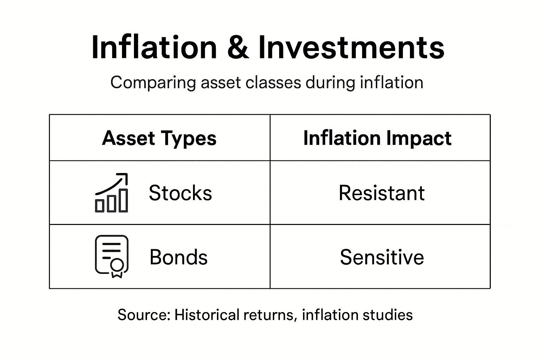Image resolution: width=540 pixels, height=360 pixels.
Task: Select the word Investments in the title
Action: tap(351, 47)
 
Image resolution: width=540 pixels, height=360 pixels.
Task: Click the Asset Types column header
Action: tap(159, 138)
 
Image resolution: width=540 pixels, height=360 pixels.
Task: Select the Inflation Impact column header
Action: tap(377, 138)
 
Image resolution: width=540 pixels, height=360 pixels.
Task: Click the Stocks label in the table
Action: tap(180, 193)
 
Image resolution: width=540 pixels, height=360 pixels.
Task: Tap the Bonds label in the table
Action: tap(179, 257)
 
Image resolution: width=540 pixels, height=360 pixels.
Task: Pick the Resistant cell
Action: tap(381, 193)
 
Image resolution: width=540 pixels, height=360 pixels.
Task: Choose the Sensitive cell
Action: tap(382, 257)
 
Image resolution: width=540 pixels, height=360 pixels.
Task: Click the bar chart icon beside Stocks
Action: tap(111, 193)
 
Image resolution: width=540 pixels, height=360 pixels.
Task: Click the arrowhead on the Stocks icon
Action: tap(123, 176)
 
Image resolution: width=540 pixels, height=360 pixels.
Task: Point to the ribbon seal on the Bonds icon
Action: tap(117, 267)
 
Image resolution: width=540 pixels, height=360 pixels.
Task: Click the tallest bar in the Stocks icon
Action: tap(123, 200)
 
